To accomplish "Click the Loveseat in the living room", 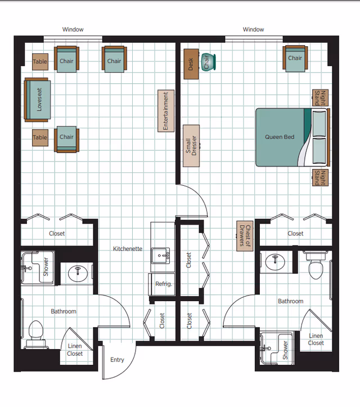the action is [37, 100].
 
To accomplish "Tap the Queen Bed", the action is [292, 137].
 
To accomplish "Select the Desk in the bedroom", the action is [191, 64].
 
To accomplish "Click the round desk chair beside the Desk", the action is [208, 62].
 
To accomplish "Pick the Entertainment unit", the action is [166, 111].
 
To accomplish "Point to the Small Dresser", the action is [191, 146].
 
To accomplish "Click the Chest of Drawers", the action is [245, 236].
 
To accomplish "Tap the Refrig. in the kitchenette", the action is [162, 284].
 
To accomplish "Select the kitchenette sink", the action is [160, 256].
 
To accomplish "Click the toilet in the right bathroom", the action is [316, 265].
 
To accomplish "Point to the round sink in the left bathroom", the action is [78, 274].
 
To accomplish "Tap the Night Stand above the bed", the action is [320, 98].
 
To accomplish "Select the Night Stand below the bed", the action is [320, 177].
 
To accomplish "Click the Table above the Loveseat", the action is [40, 62].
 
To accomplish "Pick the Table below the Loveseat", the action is [40, 137].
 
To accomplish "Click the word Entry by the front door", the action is [117, 360].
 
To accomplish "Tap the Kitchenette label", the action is [128, 249].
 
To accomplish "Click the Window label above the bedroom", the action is [253, 29].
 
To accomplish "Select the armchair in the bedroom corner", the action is [295, 59].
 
